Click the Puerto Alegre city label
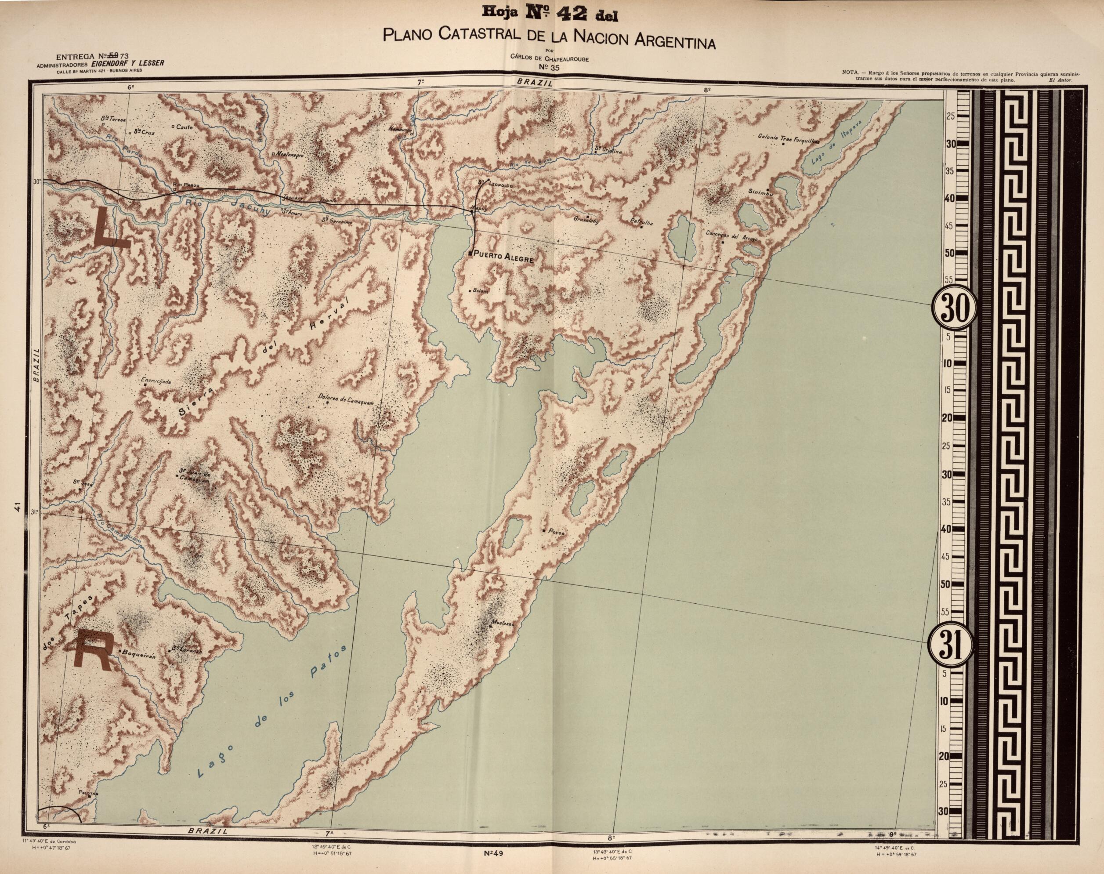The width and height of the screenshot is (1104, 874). (x=504, y=259)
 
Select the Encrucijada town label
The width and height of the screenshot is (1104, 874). (x=156, y=381)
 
